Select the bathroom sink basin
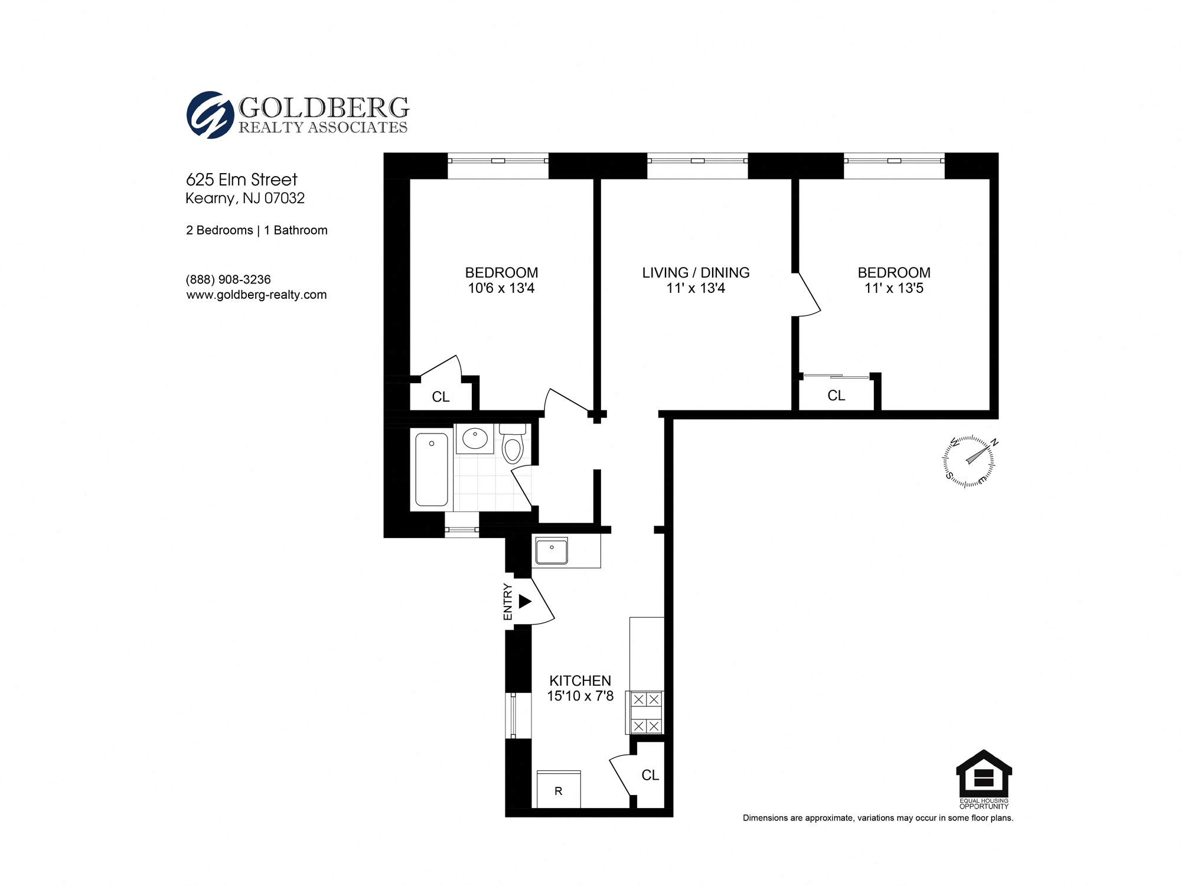point(475,439)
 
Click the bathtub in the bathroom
point(432,469)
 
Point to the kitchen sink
point(552,551)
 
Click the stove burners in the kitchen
point(646,712)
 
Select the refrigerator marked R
point(559,790)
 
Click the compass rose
point(968,461)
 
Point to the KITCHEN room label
point(580,680)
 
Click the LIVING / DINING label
point(696,272)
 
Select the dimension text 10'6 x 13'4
point(501,288)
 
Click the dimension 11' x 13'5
point(893,288)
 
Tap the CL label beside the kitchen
point(650,775)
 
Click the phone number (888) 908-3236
point(229,279)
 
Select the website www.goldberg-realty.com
point(256,295)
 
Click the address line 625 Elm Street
point(242,180)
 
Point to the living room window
point(697,161)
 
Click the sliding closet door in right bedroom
point(836,376)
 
